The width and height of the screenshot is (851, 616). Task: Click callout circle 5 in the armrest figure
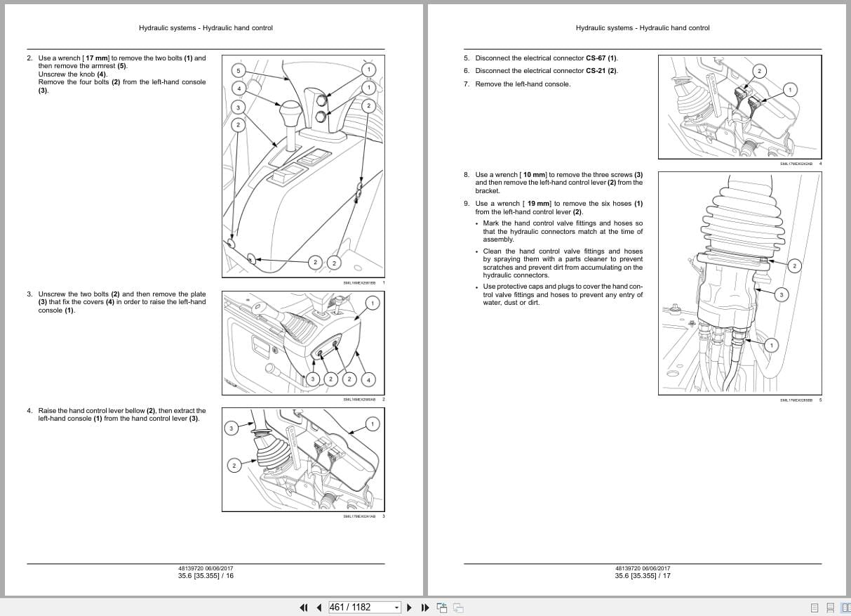[x=238, y=71]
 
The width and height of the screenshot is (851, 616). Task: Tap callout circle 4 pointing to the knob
[x=238, y=89]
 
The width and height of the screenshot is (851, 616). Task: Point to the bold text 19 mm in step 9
[x=537, y=204]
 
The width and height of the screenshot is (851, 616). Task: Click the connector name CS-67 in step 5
[x=596, y=58]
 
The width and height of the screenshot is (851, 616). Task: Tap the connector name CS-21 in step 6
[x=596, y=71]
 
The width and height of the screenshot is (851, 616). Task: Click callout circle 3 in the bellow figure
[x=232, y=428]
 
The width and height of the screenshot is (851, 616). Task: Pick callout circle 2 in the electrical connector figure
[x=758, y=71]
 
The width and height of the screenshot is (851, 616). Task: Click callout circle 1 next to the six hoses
[x=771, y=345]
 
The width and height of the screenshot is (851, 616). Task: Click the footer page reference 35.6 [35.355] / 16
[x=206, y=576]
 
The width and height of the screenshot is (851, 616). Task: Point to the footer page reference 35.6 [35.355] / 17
[x=642, y=576]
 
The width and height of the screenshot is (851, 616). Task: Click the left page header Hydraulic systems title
[x=206, y=28]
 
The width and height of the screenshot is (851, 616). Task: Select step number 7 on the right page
[x=467, y=84]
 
